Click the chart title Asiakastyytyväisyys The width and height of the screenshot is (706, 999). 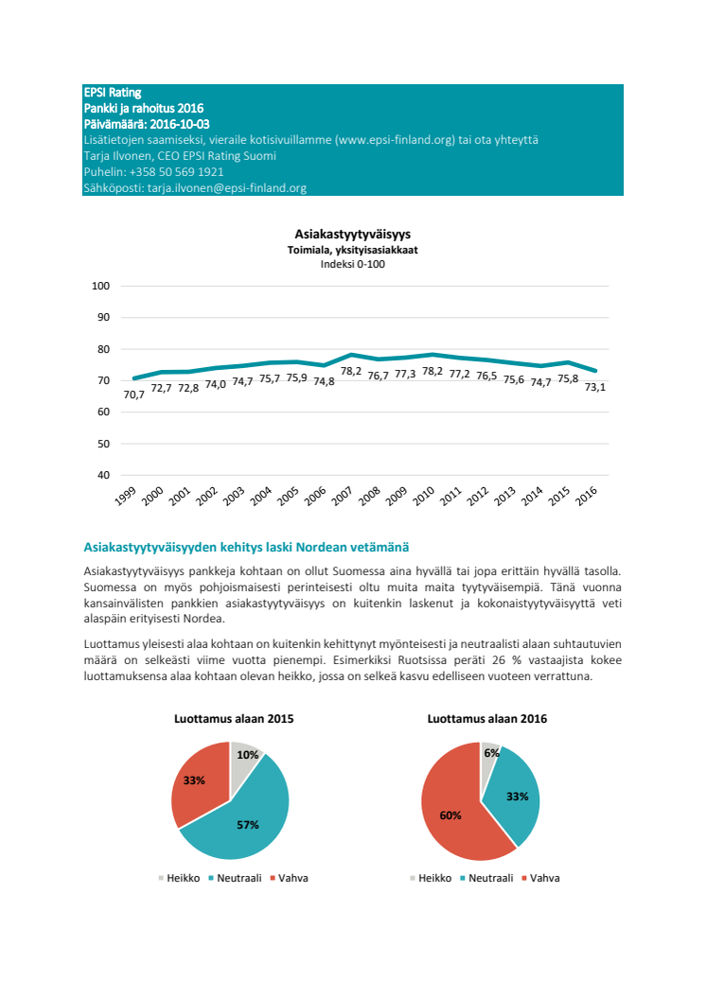pos(353,234)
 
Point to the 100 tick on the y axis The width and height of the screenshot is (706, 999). pos(101,287)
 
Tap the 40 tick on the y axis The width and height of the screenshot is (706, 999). pos(104,475)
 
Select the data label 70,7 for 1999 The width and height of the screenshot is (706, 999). pos(133,394)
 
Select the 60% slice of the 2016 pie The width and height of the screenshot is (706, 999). pos(452,812)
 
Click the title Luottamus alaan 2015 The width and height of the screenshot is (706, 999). pos(234,719)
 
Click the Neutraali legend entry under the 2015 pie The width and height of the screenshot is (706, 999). pos(236,878)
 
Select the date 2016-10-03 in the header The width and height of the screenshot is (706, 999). pos(176,124)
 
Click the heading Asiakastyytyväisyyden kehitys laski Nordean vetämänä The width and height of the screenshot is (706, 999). pos(246,547)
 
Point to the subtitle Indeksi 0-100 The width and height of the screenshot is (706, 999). pos(353,264)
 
